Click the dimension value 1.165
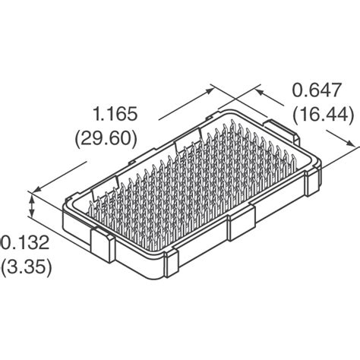pos(115,115)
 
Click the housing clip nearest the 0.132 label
pos(102,244)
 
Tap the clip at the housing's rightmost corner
pos(312,183)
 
